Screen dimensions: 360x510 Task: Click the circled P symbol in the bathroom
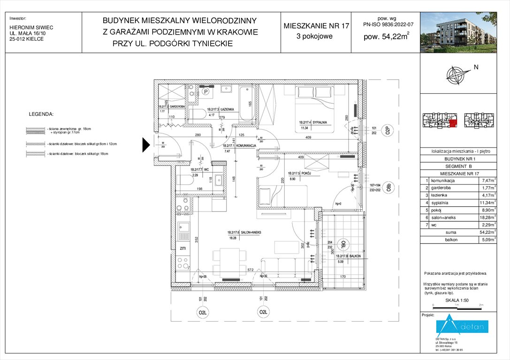pyautogui.click(x=205, y=92)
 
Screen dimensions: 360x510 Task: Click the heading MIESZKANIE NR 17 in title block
pyautogui.click(x=316, y=26)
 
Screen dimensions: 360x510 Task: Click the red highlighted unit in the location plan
pyautogui.click(x=453, y=123)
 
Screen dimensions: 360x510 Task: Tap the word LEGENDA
pyautogui.click(x=41, y=114)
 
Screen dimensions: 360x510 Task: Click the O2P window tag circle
pyautogui.click(x=388, y=131)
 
